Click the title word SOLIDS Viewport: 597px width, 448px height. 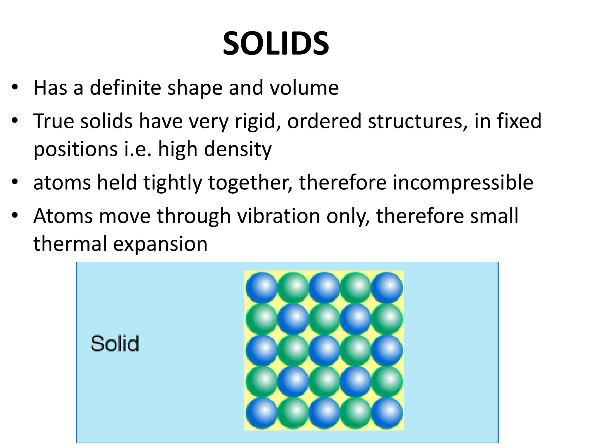[276, 44]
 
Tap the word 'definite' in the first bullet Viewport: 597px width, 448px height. [125, 87]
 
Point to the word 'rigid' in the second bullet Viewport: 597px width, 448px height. [256, 121]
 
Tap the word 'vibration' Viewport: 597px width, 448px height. [278, 216]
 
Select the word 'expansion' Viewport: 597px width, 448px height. [160, 244]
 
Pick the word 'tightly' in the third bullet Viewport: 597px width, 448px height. [173, 183]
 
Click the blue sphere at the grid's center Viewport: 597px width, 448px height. [324, 350]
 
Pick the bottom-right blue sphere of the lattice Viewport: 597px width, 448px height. [387, 413]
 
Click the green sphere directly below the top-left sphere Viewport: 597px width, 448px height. [261, 318]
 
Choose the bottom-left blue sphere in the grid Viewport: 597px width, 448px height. [261, 413]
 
